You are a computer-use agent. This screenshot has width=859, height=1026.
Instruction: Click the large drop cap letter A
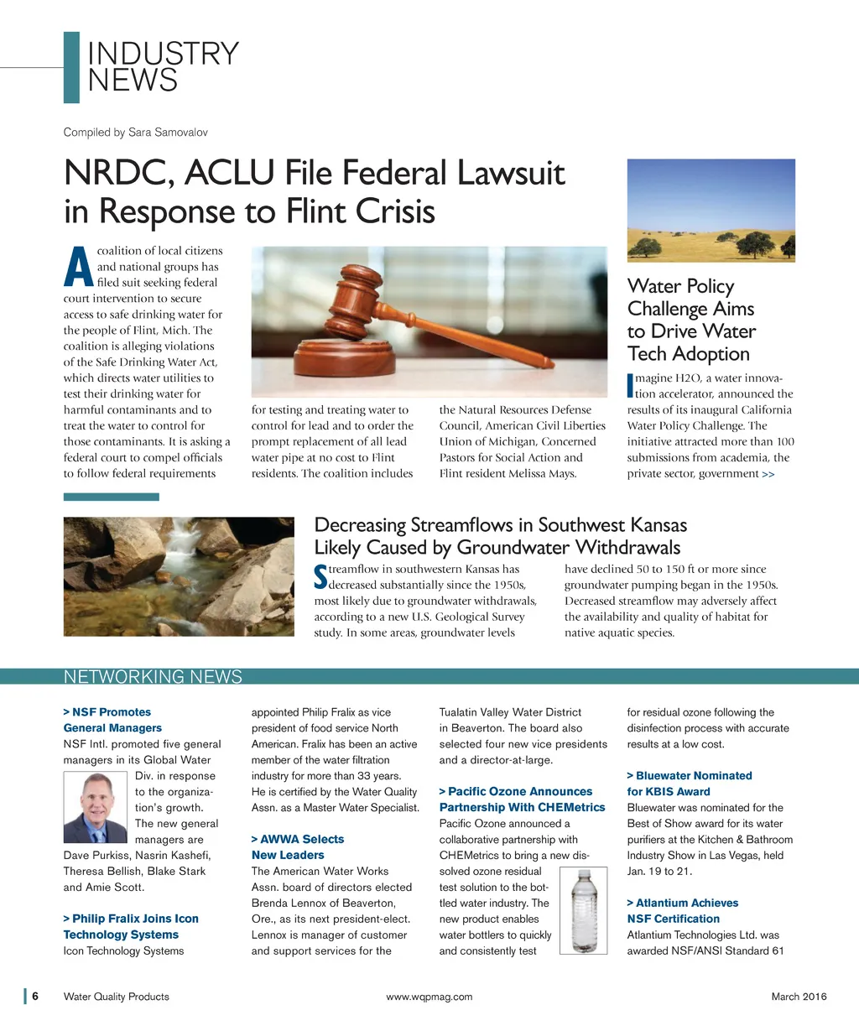78,267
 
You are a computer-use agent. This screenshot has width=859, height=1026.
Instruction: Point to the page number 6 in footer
35,997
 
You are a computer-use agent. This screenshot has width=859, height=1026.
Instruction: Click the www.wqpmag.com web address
429,997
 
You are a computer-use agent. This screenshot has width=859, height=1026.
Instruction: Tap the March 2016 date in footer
799,997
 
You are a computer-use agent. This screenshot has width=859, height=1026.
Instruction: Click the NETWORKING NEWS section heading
153,677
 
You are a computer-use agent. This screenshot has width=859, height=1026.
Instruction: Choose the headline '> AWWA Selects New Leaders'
298,847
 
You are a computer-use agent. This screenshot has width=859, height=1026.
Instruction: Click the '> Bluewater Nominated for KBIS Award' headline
689,784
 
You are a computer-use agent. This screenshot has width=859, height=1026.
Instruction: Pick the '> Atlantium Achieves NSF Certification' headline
682,911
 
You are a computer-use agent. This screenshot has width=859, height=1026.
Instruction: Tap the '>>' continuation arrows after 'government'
768,474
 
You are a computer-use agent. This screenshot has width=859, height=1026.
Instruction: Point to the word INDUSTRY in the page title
163,55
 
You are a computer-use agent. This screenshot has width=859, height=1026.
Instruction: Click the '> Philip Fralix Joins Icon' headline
131,919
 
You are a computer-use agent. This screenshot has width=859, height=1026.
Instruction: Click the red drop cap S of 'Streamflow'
320,576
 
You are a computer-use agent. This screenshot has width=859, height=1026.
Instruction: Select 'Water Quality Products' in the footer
117,997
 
